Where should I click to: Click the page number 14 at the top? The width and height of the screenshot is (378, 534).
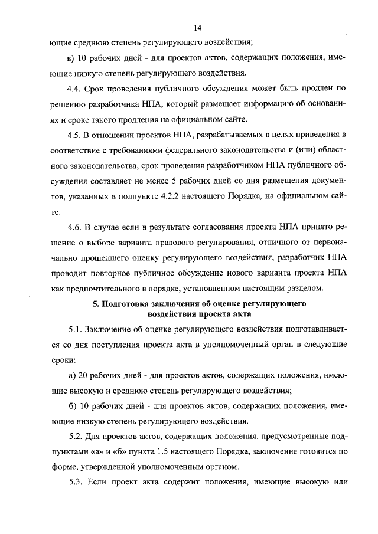click(197, 28)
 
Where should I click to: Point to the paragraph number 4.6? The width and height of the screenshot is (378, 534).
click(75, 227)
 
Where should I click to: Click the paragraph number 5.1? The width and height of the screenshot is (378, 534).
click(75, 328)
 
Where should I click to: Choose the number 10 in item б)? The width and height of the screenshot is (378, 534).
click(83, 405)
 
